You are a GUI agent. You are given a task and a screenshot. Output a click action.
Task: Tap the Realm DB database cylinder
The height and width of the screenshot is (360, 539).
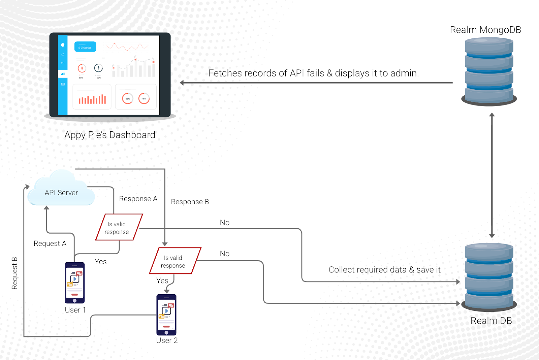[489, 276]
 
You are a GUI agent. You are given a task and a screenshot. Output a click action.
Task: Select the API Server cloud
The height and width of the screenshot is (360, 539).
[61, 190]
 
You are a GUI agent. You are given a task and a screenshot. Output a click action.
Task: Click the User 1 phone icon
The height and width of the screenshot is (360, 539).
[74, 282]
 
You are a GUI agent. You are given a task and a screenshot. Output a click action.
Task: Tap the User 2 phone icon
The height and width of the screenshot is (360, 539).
[166, 314]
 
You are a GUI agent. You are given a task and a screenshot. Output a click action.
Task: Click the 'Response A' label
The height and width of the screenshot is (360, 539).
[138, 199]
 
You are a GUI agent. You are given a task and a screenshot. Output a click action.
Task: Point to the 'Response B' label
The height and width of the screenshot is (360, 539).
[190, 202]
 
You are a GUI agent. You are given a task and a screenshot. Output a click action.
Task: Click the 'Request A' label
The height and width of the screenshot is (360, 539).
[50, 243]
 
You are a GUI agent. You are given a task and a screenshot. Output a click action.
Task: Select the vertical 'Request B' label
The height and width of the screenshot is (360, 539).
[14, 273]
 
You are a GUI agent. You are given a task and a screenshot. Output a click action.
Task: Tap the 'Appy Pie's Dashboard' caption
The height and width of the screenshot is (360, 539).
[110, 135]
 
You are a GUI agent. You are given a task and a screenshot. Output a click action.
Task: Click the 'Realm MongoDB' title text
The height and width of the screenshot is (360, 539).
[485, 30]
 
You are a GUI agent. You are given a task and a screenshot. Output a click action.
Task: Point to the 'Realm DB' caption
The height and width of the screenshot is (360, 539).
[491, 321]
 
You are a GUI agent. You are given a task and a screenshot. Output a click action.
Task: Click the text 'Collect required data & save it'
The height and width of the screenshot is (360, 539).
[384, 270]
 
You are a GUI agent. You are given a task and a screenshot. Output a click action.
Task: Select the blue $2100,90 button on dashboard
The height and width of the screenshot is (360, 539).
[85, 47]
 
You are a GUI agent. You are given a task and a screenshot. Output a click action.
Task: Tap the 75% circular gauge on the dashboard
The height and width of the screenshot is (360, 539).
[144, 98]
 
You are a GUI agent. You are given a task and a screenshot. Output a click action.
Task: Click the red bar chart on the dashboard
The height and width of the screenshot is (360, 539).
[92, 99]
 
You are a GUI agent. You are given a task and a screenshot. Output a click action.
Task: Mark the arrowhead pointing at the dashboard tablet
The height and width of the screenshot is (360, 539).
[182, 83]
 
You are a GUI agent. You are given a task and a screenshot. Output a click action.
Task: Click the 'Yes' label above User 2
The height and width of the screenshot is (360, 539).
[162, 280]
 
